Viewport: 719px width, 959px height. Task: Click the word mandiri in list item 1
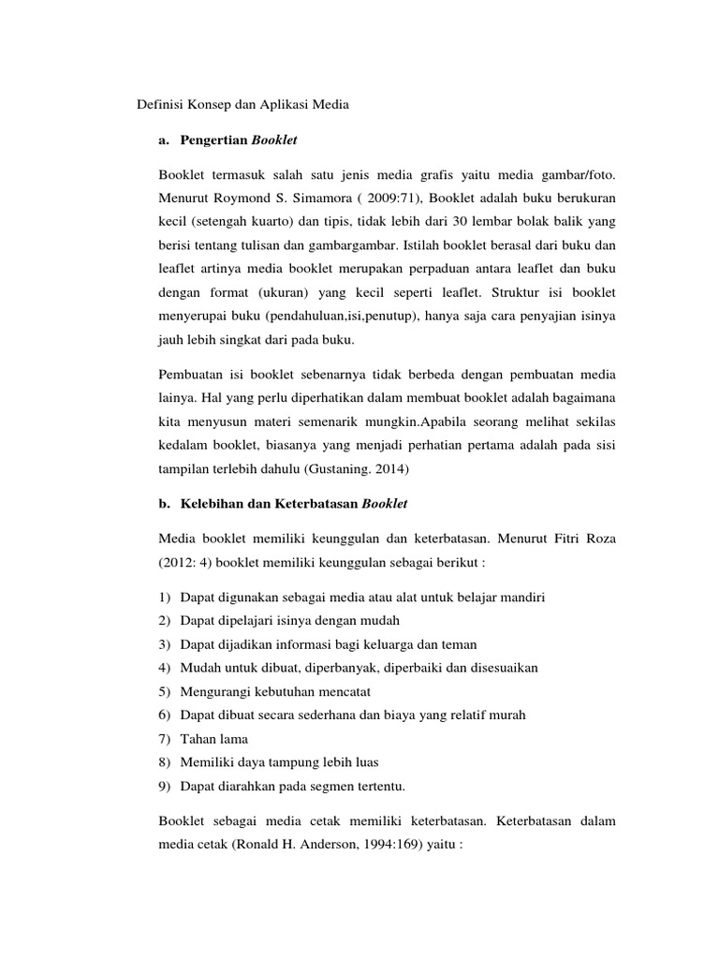click(x=521, y=597)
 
